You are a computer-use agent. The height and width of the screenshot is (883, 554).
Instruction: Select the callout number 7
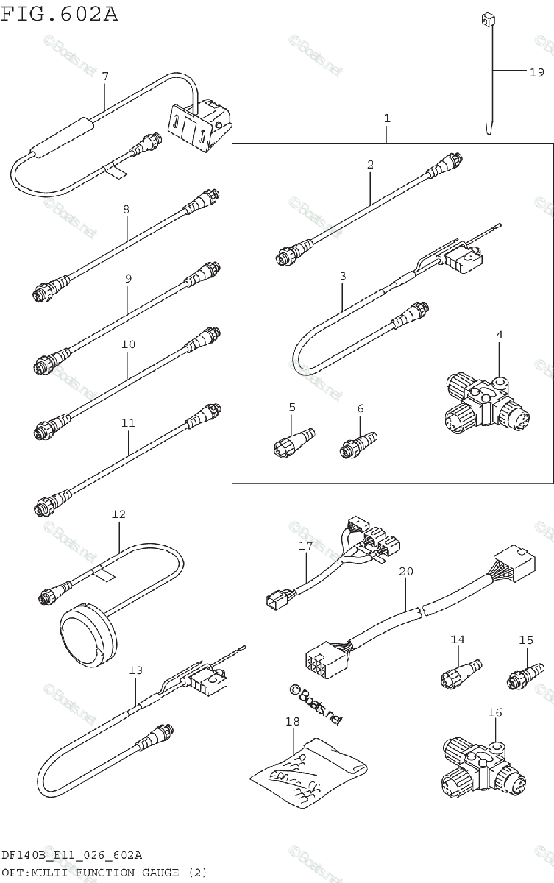click(x=105, y=76)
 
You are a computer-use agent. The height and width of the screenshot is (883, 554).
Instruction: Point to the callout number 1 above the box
click(x=387, y=118)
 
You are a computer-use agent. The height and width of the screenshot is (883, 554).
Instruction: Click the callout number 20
click(x=406, y=570)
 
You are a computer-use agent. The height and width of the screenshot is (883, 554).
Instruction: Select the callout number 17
click(x=306, y=546)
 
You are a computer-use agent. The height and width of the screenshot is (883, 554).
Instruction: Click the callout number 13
click(x=136, y=670)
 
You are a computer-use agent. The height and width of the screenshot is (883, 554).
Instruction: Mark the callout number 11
click(x=129, y=423)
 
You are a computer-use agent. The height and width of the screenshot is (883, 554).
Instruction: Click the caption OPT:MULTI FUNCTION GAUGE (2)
click(x=104, y=873)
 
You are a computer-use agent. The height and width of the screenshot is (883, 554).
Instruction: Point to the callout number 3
click(x=343, y=277)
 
